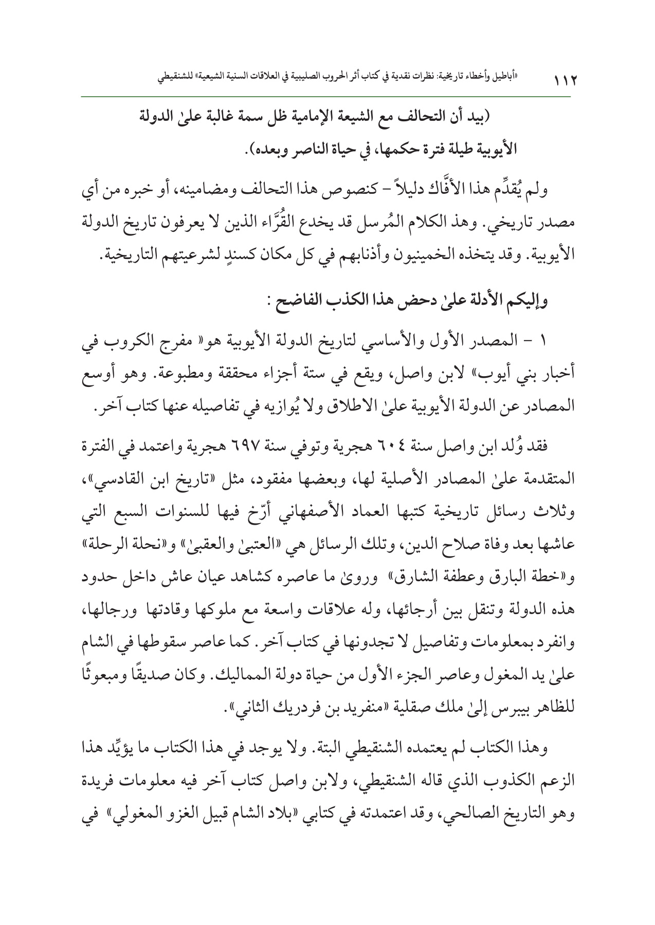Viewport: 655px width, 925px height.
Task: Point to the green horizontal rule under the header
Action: pyautogui.click(x=327, y=96)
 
